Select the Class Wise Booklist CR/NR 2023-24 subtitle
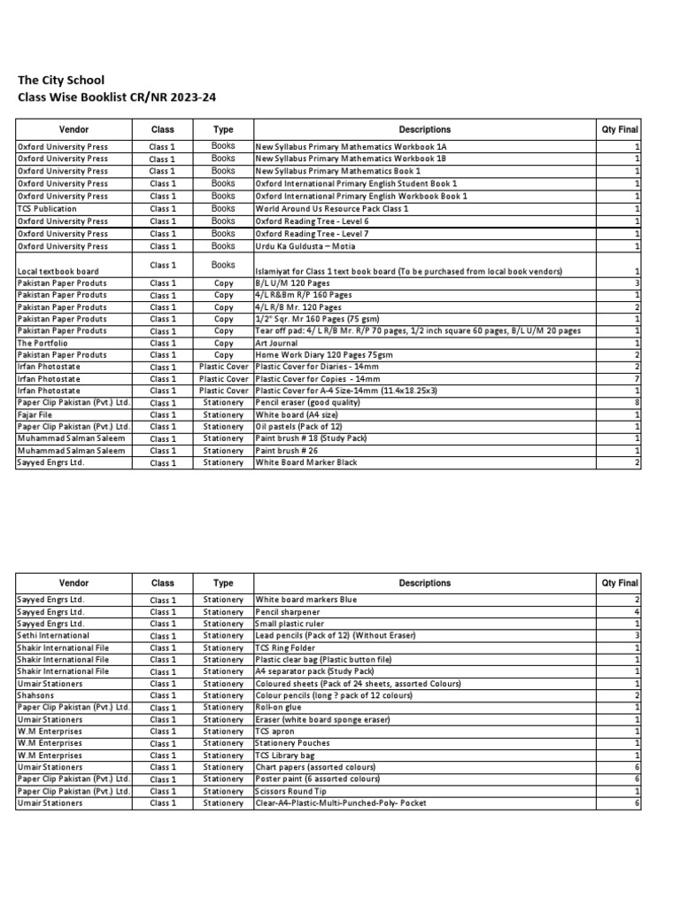(117, 97)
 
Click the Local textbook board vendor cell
(58, 271)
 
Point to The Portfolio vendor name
(43, 343)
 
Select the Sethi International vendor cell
(53, 636)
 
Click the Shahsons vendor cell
(36, 695)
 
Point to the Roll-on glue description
(280, 708)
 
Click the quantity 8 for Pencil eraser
(637, 403)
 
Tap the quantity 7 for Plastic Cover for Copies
(637, 379)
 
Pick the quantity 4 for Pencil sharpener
(637, 612)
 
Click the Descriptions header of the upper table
(424, 129)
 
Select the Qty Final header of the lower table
(619, 584)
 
